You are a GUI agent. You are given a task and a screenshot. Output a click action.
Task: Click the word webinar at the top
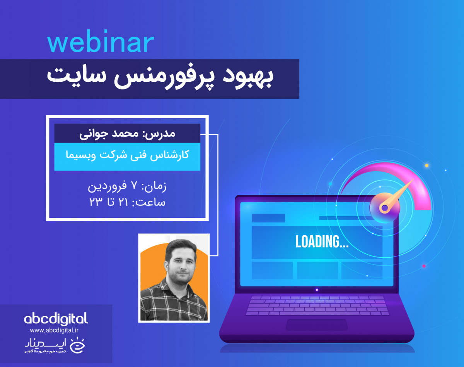pos(101,43)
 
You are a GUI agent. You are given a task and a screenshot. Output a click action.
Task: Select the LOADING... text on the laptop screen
pos(322,241)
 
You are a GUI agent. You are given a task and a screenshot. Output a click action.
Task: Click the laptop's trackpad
pos(316,325)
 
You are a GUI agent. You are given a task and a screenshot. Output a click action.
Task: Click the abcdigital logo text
pos(56,319)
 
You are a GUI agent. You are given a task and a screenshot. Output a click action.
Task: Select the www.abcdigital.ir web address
pos(54,330)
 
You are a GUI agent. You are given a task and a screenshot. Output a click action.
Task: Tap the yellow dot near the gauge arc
pos(426,165)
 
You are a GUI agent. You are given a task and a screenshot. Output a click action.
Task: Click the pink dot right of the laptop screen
pos(424,266)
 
